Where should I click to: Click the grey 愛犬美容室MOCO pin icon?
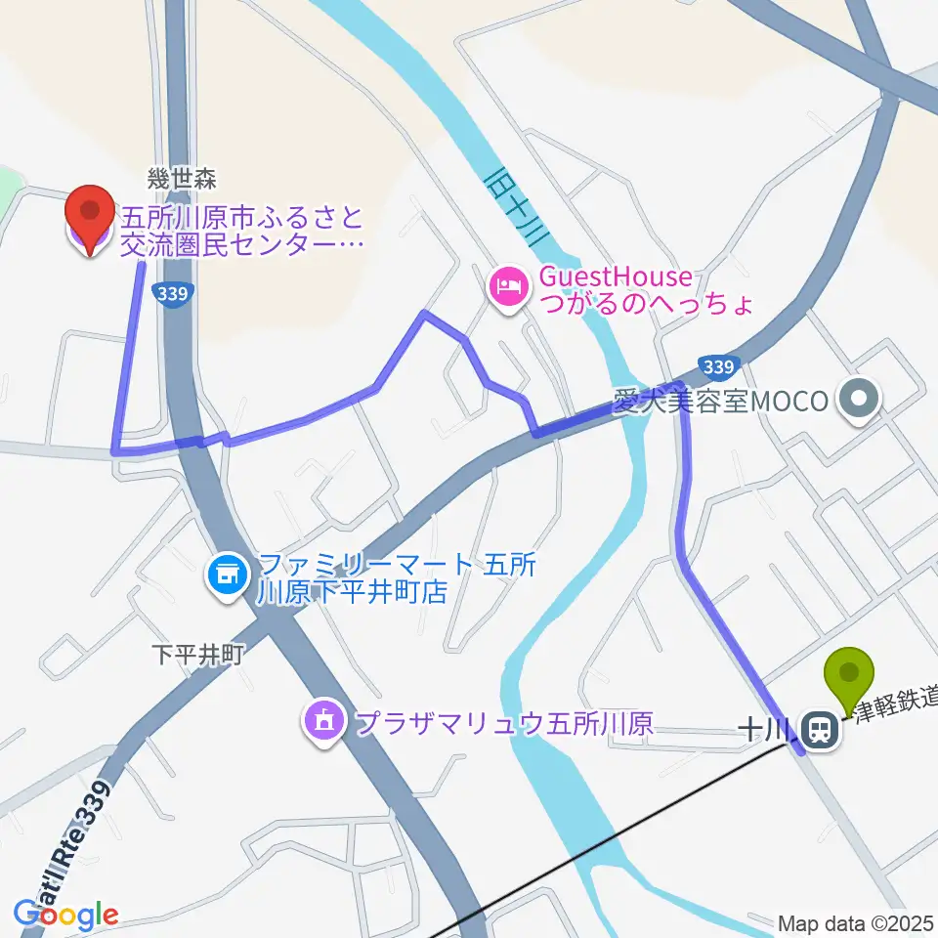point(860,399)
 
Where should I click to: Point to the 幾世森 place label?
point(181,179)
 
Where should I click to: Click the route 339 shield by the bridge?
point(717,367)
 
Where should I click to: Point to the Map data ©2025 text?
point(856,922)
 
